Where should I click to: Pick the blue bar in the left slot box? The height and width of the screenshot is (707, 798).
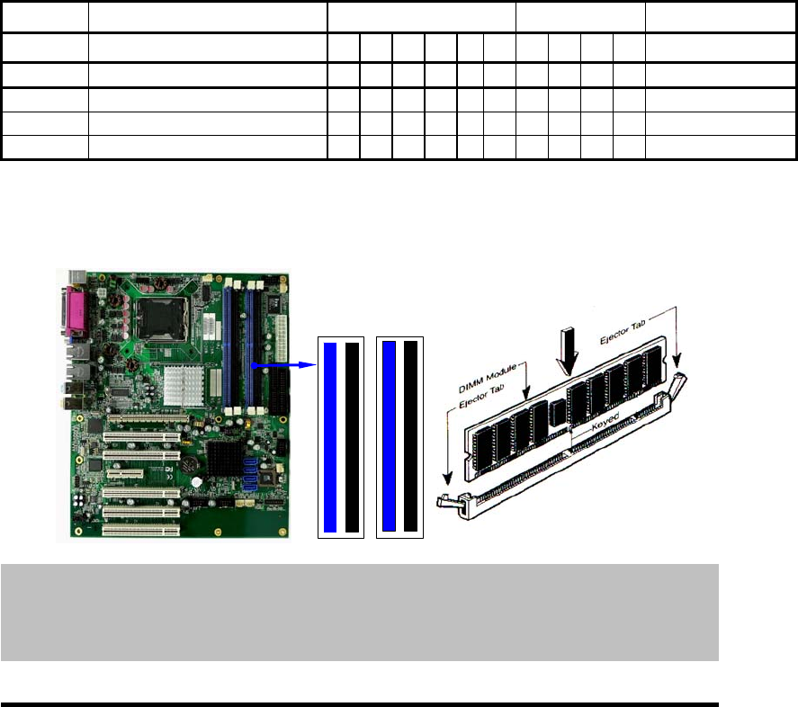click(x=330, y=437)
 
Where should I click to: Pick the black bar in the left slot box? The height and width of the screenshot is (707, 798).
click(x=352, y=437)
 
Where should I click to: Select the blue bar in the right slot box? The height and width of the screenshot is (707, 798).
click(x=390, y=437)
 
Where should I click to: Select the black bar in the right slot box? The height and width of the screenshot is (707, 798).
click(x=411, y=437)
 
